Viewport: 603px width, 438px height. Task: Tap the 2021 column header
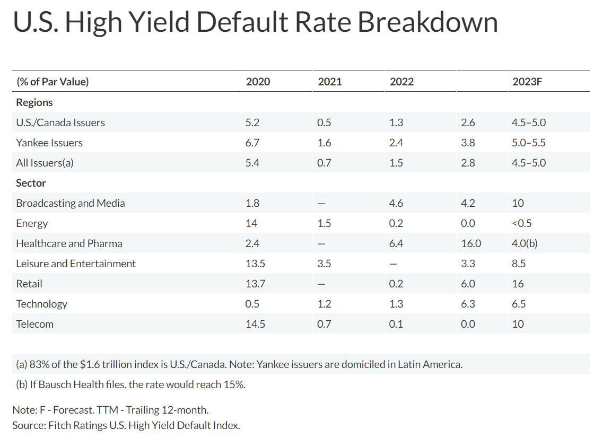coord(329,82)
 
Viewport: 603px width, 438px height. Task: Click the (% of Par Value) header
coord(53,82)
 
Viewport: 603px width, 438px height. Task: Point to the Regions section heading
coord(34,102)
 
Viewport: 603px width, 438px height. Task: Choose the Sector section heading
coord(31,183)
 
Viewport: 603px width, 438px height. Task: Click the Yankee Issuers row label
coord(49,143)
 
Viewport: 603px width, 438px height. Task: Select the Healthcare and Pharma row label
coord(69,243)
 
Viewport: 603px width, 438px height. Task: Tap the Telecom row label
coord(34,324)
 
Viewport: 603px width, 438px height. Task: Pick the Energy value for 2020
coord(251,223)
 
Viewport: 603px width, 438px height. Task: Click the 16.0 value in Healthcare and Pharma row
coord(471,243)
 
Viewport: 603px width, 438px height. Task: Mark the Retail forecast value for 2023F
coord(518,284)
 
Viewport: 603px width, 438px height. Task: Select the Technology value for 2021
coord(324,304)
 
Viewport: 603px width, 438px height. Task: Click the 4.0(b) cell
coord(525,243)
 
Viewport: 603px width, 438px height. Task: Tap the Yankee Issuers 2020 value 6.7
coord(252,143)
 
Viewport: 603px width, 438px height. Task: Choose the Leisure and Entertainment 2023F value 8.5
coord(519,264)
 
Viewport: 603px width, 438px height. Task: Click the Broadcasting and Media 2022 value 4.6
coord(396,203)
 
